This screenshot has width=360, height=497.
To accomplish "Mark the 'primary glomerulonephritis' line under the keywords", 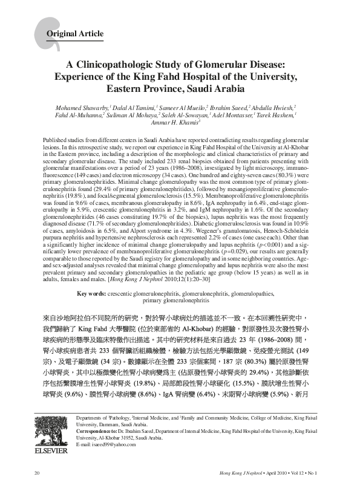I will pyautogui.click(x=179, y=300).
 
